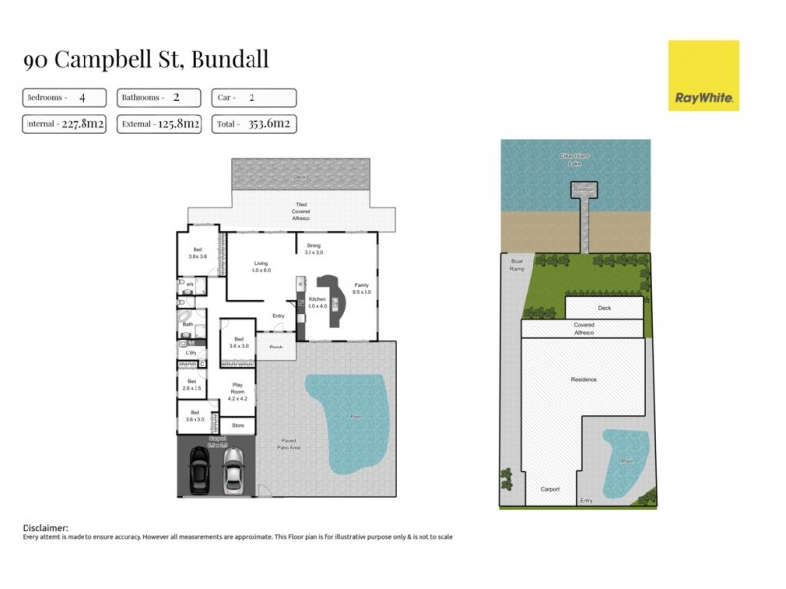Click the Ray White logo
[702, 76]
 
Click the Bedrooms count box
[65, 98]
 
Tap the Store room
[237, 425]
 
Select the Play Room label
[237, 387]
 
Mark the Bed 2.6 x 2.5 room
[192, 384]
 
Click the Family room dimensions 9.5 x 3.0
[362, 293]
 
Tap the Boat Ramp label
[515, 264]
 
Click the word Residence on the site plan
[584, 378]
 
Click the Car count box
[253, 98]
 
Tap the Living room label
[261, 266]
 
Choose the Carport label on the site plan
[549, 488]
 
